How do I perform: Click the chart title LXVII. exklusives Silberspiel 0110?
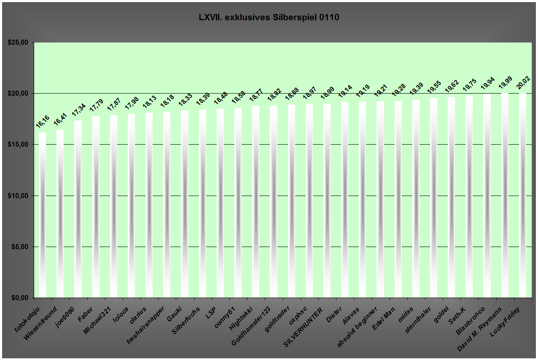point(269,18)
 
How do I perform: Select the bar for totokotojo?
point(42,215)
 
